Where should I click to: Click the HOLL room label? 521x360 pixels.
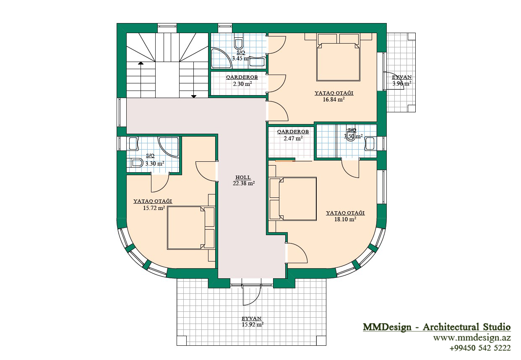coord(243,177)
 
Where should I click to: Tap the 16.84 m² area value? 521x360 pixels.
coord(333,99)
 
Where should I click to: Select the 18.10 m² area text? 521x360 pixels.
coord(345,219)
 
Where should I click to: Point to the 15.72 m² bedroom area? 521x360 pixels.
coord(154,208)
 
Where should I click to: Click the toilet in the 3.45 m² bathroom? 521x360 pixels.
coord(239,41)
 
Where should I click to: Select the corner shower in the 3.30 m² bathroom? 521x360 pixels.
coord(169,148)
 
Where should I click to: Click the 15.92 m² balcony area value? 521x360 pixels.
coord(253,324)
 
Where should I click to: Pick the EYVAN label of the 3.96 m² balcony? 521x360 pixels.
coord(402,77)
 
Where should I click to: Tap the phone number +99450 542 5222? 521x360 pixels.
coord(480,348)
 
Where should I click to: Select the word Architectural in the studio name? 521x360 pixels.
coord(451,327)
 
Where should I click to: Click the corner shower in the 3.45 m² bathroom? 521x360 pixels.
coord(221,58)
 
